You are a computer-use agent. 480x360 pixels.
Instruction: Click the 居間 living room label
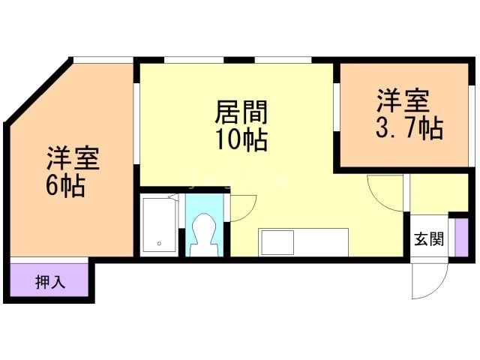click(x=241, y=112)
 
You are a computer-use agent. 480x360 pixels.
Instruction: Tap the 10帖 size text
click(x=241, y=140)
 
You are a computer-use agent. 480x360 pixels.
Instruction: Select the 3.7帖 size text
click(x=409, y=128)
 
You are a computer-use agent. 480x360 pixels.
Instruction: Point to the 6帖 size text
click(x=65, y=186)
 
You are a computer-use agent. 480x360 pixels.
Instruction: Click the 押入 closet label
click(x=50, y=282)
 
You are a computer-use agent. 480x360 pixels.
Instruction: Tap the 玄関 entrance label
click(x=429, y=238)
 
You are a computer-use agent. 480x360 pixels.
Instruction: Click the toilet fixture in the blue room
click(x=204, y=235)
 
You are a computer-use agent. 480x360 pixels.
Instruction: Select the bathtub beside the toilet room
click(x=160, y=225)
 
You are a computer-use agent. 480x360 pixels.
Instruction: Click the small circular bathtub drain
click(x=159, y=244)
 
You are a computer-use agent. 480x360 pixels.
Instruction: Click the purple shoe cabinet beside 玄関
click(x=461, y=238)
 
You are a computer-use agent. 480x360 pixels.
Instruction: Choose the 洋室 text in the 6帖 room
click(x=73, y=158)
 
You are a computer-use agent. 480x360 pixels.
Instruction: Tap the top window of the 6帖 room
click(x=103, y=60)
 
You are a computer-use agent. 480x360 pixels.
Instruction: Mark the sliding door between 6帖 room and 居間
click(x=136, y=124)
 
